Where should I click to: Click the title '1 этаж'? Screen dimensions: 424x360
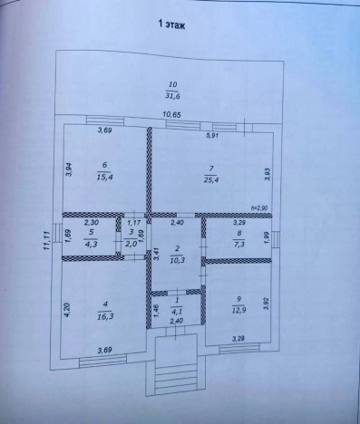point(171,25)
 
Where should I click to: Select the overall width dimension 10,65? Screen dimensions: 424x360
point(173,114)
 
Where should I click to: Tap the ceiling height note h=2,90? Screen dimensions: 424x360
point(260,209)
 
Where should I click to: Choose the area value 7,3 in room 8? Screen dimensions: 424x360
point(240,244)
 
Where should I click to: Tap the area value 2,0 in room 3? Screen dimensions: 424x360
point(131,244)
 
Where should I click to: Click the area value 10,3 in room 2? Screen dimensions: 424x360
point(178,260)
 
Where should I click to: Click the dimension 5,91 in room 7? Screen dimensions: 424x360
point(212,136)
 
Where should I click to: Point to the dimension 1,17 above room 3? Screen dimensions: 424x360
point(133,222)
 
